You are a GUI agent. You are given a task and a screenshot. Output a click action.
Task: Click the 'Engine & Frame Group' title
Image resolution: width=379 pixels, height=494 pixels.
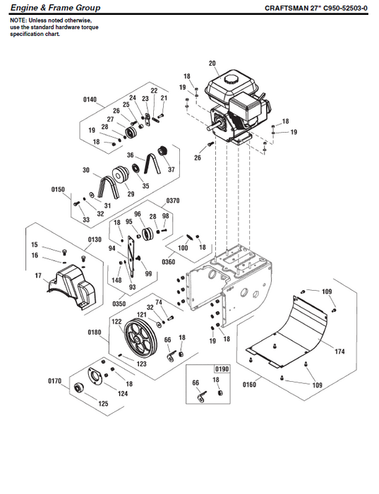[50, 8]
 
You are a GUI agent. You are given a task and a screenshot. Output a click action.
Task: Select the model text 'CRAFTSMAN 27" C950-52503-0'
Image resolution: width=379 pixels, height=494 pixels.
[318, 8]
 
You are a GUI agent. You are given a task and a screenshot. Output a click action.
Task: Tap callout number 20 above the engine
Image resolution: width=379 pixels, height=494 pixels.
[212, 64]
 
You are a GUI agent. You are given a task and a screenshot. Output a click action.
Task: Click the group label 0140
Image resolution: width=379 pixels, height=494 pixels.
[90, 100]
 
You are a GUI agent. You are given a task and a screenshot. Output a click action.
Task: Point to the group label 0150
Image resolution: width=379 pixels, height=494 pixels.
[58, 189]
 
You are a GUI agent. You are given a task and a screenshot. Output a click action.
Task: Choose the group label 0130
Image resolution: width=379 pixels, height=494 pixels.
[95, 239]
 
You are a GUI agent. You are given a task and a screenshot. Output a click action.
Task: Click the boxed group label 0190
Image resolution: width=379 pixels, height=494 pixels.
[222, 369]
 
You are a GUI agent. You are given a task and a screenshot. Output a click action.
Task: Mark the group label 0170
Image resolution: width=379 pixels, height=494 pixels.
[55, 381]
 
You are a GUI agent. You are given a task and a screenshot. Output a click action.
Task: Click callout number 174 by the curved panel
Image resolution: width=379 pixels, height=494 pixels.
[339, 351]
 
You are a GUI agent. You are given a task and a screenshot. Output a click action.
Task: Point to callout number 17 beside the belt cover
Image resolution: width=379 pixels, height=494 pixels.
[36, 277]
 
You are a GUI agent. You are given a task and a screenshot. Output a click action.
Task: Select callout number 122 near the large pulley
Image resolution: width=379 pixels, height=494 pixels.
[116, 321]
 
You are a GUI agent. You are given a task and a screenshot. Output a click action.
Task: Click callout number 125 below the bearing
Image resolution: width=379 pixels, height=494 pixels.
[103, 404]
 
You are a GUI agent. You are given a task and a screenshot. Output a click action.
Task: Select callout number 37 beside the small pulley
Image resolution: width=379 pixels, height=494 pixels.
[171, 169]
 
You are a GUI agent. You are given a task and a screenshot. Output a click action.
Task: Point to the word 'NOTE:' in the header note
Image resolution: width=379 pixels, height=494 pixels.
[17, 20]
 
